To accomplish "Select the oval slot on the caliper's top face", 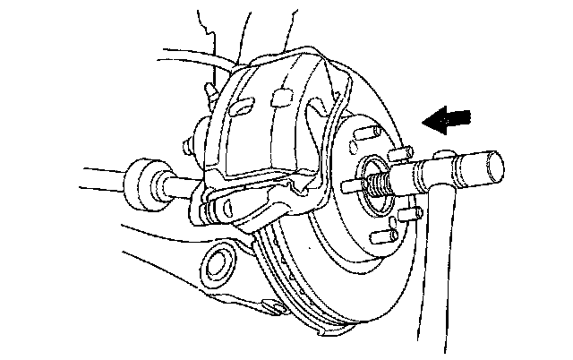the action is click(x=243, y=105).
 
